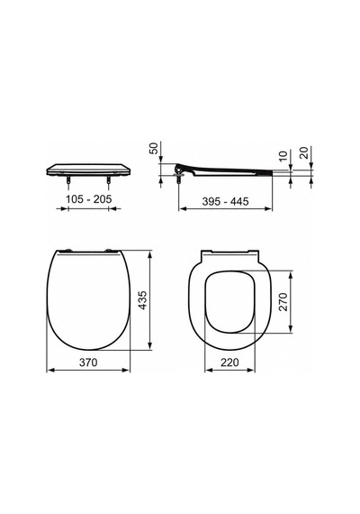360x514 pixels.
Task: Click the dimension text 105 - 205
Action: coord(89,199)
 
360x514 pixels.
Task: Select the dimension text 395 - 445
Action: coord(225,201)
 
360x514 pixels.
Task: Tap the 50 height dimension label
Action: coord(154,148)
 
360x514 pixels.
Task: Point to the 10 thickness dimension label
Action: coord(283,155)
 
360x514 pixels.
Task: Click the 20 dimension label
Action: coord(304,152)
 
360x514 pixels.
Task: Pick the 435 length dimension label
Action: coord(143,299)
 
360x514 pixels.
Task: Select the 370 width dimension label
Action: coord(88,363)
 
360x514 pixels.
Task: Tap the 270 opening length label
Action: coord(283,301)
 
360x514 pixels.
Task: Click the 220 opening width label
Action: coord(229,363)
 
